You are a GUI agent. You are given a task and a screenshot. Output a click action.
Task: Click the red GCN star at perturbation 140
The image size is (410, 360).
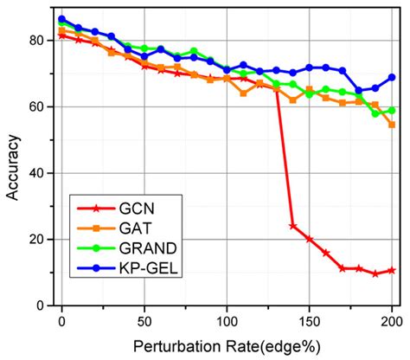pyautogui.click(x=292, y=226)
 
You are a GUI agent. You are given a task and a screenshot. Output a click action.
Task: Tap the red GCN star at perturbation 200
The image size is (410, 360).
pyautogui.click(x=392, y=270)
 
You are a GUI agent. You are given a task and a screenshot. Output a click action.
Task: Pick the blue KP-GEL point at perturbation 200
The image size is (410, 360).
pyautogui.click(x=392, y=77)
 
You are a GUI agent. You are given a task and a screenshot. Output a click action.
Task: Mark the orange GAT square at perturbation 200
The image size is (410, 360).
pyautogui.click(x=392, y=125)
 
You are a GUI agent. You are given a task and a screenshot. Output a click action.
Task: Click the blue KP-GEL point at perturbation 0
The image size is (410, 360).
pyautogui.click(x=61, y=19)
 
